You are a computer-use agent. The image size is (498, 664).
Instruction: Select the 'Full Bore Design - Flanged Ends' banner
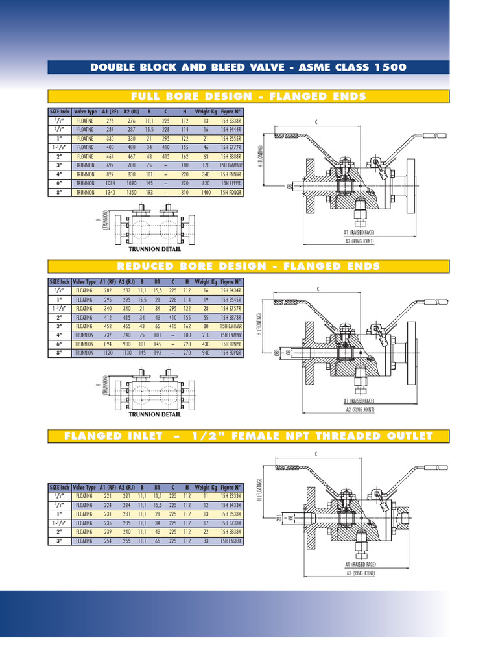(x=248, y=97)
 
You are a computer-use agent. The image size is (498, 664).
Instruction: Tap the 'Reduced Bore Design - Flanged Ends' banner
(x=248, y=267)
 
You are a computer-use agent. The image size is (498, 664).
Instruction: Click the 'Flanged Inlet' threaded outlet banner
(x=248, y=436)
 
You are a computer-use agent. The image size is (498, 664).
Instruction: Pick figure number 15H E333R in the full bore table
(x=231, y=121)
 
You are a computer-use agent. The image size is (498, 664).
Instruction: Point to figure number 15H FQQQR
(x=231, y=193)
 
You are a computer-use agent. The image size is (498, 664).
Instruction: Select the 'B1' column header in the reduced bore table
(x=158, y=282)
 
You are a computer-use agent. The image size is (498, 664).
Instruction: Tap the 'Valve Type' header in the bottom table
(x=84, y=487)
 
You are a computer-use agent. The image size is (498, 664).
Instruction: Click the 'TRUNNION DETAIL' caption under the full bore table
(x=154, y=249)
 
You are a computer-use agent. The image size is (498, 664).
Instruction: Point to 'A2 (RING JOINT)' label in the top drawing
(x=359, y=241)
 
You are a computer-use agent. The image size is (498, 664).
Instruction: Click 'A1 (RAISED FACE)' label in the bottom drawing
(x=359, y=565)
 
